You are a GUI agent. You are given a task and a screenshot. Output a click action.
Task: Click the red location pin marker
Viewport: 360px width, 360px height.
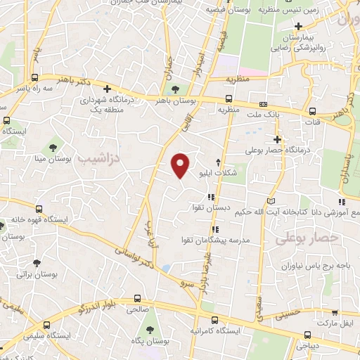(181, 164)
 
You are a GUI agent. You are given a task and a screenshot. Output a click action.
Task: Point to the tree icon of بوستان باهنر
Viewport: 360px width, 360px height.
(175, 89)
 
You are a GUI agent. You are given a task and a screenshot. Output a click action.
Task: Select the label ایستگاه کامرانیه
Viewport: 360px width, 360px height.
(217, 330)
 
